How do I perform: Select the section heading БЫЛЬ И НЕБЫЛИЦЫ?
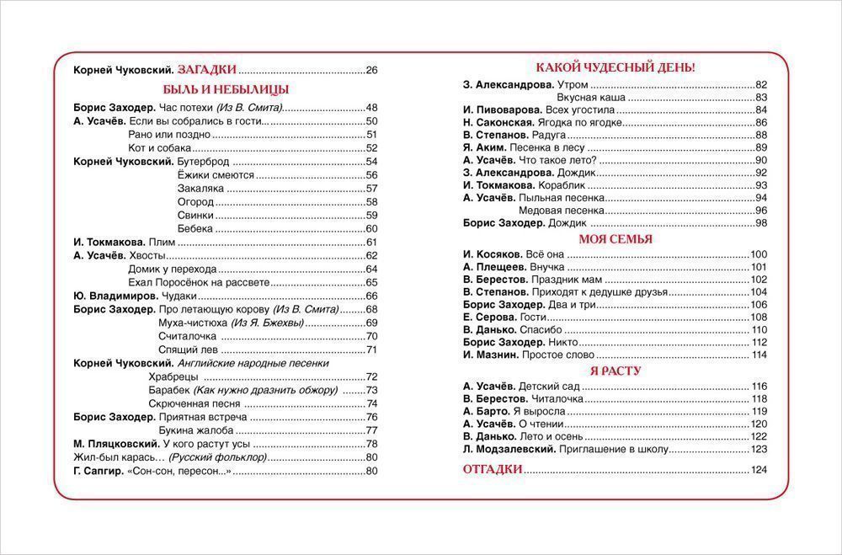226,89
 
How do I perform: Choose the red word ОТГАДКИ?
493,470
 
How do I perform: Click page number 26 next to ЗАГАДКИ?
372,71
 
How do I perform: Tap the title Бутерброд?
202,162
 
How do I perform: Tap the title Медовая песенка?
562,211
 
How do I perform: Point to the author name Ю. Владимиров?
115,296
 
